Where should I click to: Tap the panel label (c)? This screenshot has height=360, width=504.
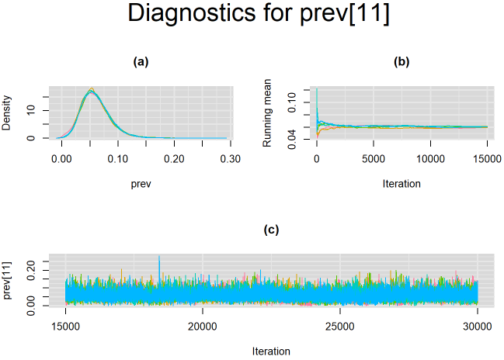(272, 230)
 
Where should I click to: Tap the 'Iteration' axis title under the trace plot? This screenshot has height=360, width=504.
(272, 351)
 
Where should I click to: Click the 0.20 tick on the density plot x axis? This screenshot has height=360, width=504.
(174, 158)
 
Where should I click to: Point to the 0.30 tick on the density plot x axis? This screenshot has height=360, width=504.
(230, 158)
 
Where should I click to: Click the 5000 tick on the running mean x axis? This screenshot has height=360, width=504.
(374, 158)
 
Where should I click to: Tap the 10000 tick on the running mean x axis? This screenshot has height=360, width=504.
(430, 158)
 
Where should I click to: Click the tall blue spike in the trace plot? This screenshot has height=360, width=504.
(159, 258)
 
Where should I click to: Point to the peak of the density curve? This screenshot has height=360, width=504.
(91, 90)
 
